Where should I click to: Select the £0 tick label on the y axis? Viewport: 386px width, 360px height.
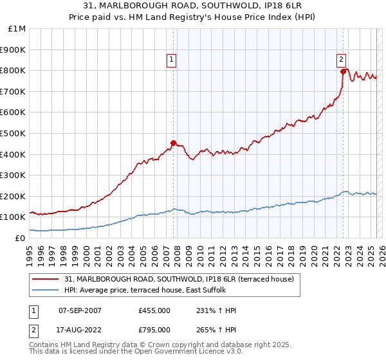click(21, 238)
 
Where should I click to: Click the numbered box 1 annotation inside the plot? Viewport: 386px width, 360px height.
click(172, 60)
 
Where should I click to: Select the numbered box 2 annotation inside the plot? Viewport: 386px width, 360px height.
click(341, 60)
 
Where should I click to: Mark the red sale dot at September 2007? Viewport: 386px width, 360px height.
click(173, 143)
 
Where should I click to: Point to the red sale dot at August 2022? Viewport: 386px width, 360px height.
click(343, 71)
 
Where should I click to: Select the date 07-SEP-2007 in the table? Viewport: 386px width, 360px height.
click(80, 310)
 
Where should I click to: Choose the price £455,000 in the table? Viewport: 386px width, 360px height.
click(154, 310)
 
